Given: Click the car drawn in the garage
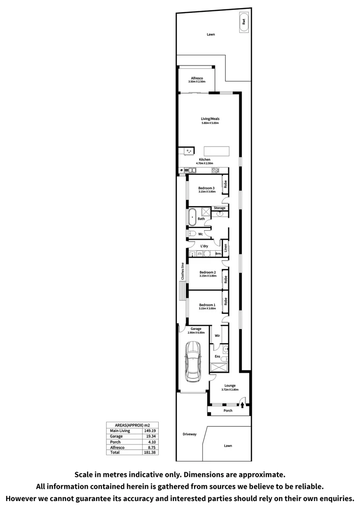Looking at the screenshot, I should (194, 362).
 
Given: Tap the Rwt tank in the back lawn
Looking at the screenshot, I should (244, 21).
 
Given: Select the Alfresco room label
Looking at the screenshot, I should (197, 78).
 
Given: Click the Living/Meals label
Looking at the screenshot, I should (210, 119).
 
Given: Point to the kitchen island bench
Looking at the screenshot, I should (217, 151).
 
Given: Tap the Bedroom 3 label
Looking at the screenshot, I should (206, 188).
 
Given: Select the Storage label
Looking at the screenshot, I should (220, 208).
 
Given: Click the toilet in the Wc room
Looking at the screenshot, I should (192, 234).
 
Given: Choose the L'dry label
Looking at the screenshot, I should (205, 246).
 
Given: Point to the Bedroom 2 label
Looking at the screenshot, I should (207, 272).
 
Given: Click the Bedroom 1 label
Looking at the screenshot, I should (207, 305).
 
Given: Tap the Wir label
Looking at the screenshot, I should (217, 336).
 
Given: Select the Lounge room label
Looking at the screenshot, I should (230, 385).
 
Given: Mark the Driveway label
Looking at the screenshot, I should (189, 434).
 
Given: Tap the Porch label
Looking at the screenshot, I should (228, 410).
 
